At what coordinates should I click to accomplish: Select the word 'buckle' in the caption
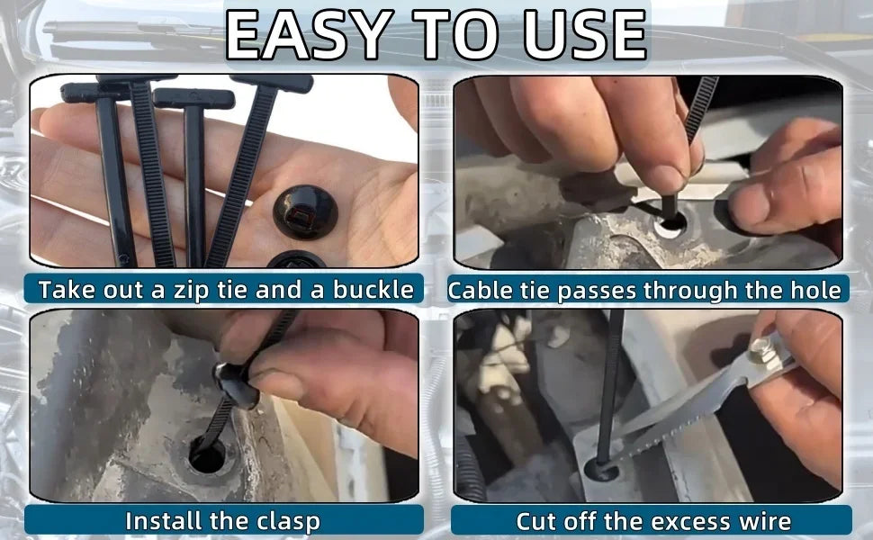(373, 290)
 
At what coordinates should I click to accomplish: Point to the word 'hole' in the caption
(815, 291)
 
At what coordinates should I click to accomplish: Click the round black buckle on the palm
(305, 212)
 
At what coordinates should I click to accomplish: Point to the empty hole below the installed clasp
(207, 455)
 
